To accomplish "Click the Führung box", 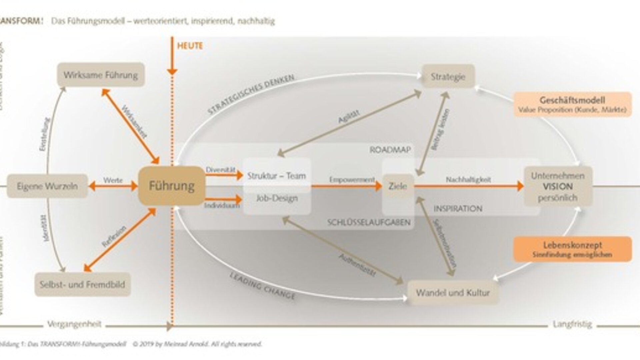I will tap(172, 186).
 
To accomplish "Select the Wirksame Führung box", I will tap(101, 75).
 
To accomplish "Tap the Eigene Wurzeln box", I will tap(47, 186).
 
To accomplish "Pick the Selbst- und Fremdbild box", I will tap(82, 284).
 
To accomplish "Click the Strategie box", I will tap(448, 77).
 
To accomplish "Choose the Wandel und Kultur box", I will tap(453, 293).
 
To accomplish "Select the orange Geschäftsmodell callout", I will tap(572, 104).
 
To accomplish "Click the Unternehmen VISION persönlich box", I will tap(558, 186).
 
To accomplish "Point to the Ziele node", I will tap(398, 186).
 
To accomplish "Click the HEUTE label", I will tap(190, 46).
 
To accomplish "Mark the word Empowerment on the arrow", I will tap(352, 180).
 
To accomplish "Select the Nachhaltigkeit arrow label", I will tap(468, 180).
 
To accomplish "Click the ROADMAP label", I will tap(390, 150).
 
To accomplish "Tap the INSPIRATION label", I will tap(458, 209).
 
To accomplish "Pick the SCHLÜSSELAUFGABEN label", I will tap(369, 222).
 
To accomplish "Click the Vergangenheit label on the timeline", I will tap(74, 324).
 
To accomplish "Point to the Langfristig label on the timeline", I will tap(572, 324).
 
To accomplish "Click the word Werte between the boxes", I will tap(113, 180).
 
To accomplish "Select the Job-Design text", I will tap(277, 198).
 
